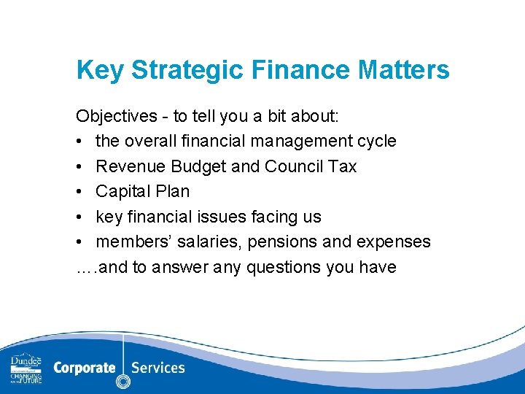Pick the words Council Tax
311,166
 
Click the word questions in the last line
286,267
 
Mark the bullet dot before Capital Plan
79,192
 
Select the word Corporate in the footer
84,368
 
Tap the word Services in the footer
158,368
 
